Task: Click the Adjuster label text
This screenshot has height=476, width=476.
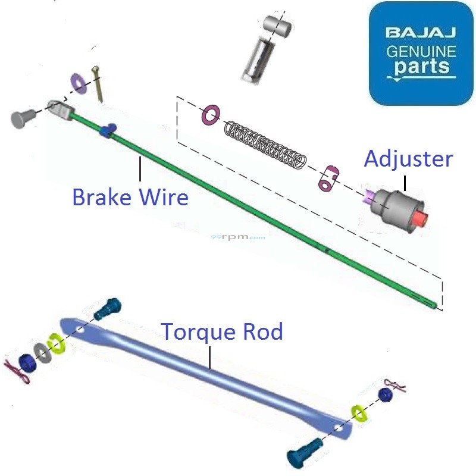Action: tap(408, 159)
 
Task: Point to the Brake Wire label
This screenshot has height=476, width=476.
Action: tap(130, 196)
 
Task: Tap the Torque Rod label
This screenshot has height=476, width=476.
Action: tap(222, 331)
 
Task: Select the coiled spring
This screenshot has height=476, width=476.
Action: tap(265, 144)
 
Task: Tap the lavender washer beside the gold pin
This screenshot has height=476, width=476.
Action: tap(77, 83)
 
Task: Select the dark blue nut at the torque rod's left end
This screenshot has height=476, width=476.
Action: tap(27, 362)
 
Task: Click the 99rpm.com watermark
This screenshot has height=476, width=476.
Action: tap(238, 237)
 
